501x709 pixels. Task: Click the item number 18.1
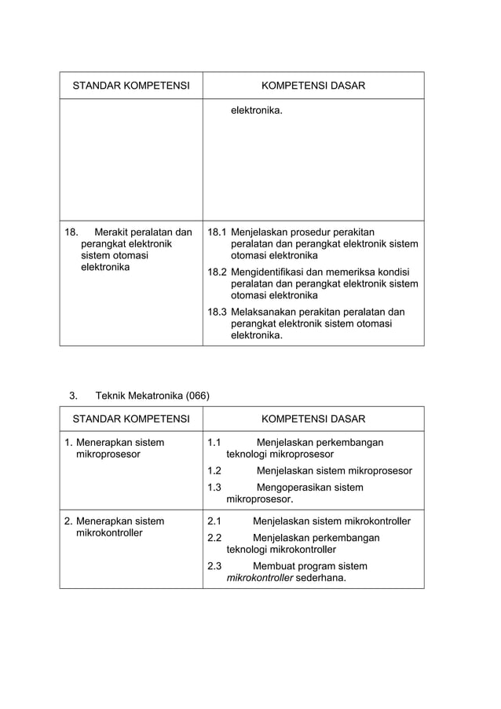point(217,232)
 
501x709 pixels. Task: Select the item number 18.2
point(217,272)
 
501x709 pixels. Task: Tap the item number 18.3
point(217,312)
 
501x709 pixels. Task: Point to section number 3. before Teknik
point(74,395)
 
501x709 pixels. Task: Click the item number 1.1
point(214,443)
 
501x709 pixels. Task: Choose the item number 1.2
point(214,471)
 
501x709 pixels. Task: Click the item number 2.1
point(214,521)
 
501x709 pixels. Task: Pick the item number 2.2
point(214,538)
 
